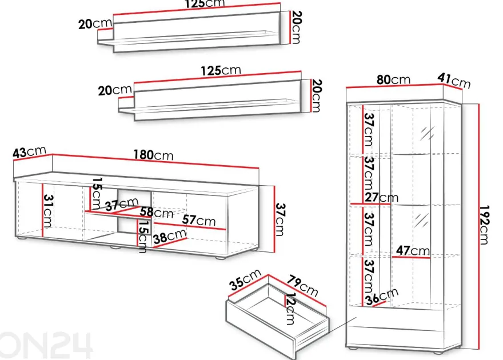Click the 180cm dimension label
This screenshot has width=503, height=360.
153,155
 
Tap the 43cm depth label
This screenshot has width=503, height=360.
30,151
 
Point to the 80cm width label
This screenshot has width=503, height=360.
393,79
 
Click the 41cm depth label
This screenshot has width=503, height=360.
454,81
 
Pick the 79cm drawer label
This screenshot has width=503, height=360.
302,286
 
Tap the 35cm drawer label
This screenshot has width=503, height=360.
245,280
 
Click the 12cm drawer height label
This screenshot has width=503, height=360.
290,309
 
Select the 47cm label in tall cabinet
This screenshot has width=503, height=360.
413,250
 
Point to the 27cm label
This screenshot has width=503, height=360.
381,197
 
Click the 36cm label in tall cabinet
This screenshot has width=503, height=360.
382,296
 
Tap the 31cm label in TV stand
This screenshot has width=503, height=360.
48,211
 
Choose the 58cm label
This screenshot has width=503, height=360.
156,212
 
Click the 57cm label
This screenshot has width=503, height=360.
199,220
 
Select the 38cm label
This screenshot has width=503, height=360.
170,236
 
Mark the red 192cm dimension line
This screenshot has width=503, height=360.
478,227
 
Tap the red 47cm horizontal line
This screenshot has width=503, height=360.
411,257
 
